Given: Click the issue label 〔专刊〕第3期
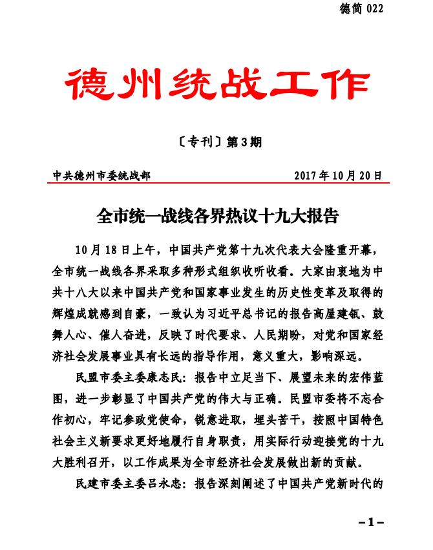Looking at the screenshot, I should (216, 142).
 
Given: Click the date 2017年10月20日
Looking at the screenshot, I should (338, 175).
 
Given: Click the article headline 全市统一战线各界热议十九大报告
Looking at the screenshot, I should (217, 215).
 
